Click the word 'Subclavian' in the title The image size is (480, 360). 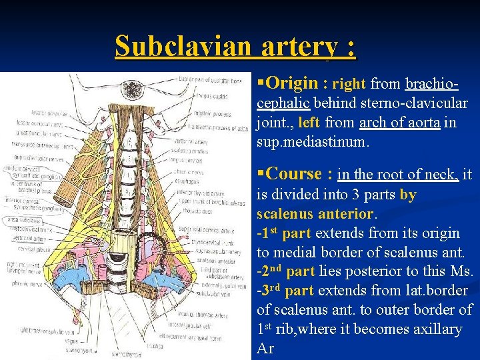182,46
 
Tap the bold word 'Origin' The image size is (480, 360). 291,83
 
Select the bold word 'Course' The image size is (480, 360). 294,174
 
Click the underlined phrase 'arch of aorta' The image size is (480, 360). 399,123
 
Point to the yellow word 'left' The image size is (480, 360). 309,123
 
